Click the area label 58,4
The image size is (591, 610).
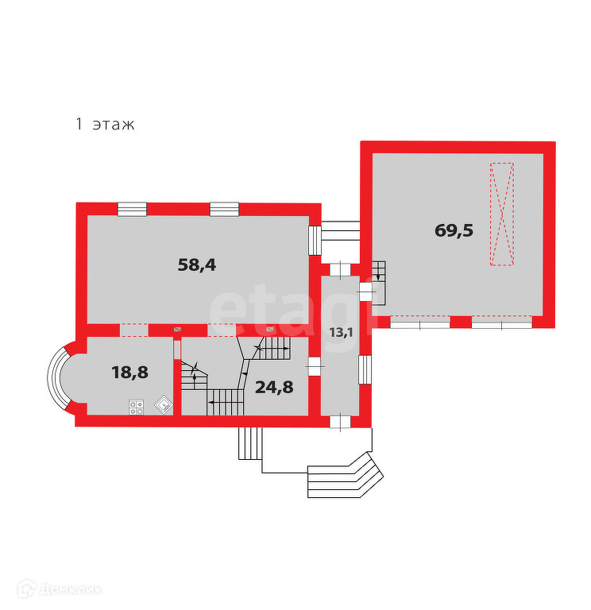pos(197,265)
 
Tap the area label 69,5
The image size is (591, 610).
pos(454,230)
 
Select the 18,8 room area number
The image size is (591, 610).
pos(129,371)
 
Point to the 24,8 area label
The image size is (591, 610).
pos(274,388)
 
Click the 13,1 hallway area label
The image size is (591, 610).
pos(342,332)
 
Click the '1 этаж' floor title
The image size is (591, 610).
pos(105,124)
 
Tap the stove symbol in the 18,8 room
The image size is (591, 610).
pos(136,406)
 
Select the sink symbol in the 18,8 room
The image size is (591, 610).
pos(162,404)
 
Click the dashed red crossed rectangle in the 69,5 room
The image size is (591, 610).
pos(501,214)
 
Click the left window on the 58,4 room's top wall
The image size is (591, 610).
pos(132,209)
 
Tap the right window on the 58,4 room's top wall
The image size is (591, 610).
pos(224,209)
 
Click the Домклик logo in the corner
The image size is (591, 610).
pos(59,589)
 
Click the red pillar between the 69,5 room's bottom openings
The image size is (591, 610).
pos(460,322)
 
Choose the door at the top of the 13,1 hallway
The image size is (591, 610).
pos(341,268)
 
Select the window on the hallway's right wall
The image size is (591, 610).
pos(365,369)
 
